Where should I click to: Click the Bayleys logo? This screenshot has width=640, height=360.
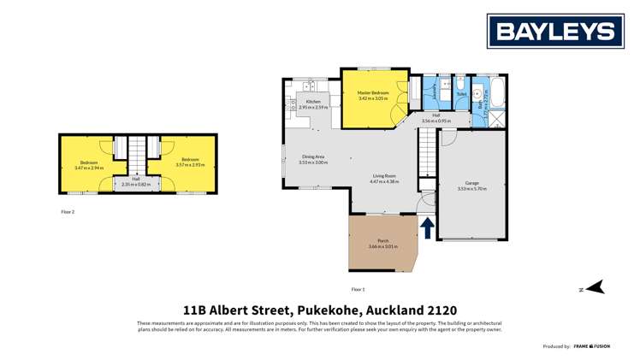click(555, 32)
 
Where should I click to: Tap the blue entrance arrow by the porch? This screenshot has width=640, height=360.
click(427, 228)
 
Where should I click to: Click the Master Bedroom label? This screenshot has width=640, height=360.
click(373, 95)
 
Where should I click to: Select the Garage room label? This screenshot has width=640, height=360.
click(471, 185)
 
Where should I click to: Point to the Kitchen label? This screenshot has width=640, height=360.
click(313, 104)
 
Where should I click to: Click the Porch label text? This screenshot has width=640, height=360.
click(383, 243)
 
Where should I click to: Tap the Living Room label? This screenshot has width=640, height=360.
click(384, 178)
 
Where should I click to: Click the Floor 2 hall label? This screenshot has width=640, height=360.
click(136, 181)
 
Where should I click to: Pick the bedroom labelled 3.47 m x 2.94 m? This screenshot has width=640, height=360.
click(89, 165)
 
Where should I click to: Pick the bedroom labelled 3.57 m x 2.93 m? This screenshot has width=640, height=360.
click(190, 162)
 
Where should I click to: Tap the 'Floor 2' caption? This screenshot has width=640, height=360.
click(68, 211)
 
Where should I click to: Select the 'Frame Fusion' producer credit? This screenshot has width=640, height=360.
click(592, 346)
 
